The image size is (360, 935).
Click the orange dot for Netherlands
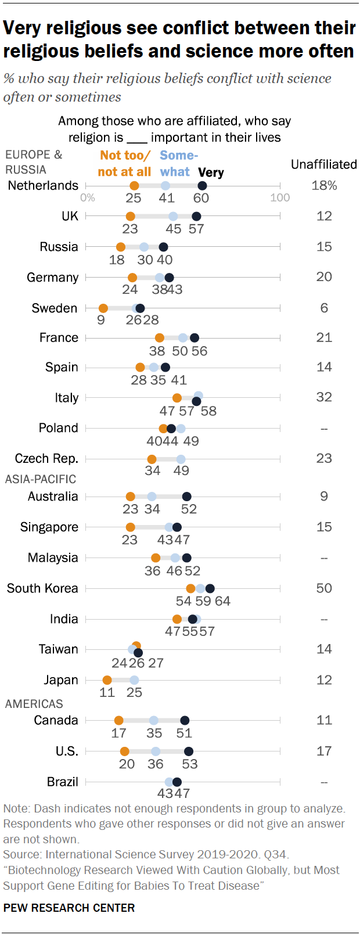coord(134,186)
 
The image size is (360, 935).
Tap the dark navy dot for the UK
coord(196,216)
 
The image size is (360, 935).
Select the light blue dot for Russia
coord(144,247)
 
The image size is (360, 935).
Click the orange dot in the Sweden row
coord(103,308)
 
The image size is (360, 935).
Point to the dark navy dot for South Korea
coord(210,588)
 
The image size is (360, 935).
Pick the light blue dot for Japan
coord(134,680)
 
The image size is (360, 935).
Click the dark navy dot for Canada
coord(185,721)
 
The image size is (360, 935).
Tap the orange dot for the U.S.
coord(124,751)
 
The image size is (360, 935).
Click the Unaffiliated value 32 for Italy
coord(324,397)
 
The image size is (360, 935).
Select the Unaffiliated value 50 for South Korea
coord(324,588)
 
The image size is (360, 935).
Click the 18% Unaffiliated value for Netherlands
coord(324,186)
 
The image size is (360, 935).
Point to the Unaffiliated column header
coord(323,164)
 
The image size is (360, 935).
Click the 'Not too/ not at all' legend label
coord(124,164)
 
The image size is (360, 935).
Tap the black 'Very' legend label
coord(211,172)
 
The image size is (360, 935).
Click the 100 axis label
coord(280,198)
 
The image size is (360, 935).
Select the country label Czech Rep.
coord(46,459)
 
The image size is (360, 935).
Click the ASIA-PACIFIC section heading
coord(41,479)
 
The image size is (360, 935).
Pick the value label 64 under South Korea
coord(222,602)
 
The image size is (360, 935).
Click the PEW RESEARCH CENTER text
coord(69,908)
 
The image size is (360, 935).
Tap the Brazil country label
coord(62,782)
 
